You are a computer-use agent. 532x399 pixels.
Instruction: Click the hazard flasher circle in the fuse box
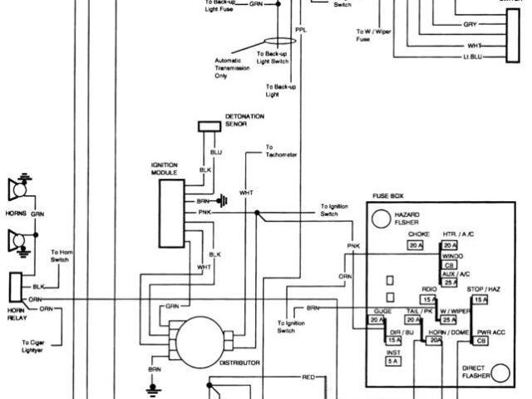(381, 219)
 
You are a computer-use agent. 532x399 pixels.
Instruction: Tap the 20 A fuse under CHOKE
(416, 245)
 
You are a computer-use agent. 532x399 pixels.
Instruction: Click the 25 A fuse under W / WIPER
(450, 320)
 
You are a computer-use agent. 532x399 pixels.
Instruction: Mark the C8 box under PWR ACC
(480, 341)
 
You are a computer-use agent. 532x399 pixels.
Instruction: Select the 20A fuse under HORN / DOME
(434, 341)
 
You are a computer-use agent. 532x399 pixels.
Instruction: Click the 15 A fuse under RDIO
(429, 299)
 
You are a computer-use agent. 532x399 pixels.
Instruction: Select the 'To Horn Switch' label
(61, 255)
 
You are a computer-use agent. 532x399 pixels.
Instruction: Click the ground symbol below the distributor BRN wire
(153, 386)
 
